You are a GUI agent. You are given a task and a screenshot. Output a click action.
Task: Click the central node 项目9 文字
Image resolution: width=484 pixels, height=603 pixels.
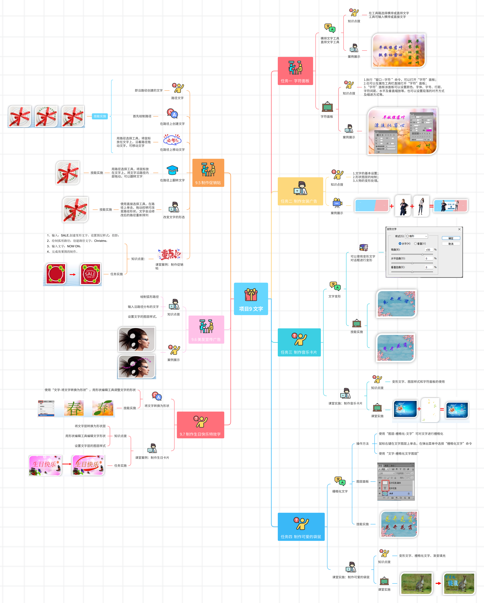(x=251, y=299)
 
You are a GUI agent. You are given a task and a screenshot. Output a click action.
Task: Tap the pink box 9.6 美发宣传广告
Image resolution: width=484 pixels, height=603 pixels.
(x=206, y=330)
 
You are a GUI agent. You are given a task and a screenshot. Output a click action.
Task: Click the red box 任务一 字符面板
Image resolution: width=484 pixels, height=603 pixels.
(x=295, y=71)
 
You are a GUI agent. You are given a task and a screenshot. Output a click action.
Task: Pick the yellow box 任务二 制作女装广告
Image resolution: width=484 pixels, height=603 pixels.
(x=300, y=191)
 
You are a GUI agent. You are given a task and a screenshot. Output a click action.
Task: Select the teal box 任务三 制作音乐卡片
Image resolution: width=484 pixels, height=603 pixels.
(x=299, y=342)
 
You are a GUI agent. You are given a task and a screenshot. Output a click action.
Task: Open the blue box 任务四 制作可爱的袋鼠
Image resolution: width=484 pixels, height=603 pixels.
(x=301, y=527)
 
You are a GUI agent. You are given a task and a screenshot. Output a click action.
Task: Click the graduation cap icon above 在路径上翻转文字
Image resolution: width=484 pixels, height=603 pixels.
(x=172, y=170)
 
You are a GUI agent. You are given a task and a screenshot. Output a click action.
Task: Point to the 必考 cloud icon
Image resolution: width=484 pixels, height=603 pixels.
(x=172, y=140)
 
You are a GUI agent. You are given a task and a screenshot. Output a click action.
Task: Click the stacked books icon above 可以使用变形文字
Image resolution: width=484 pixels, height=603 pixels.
(x=363, y=248)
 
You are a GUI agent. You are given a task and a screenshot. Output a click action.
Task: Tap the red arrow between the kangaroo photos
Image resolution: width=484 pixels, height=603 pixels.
(x=438, y=583)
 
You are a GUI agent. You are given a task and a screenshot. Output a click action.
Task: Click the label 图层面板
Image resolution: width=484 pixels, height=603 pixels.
(x=362, y=481)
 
